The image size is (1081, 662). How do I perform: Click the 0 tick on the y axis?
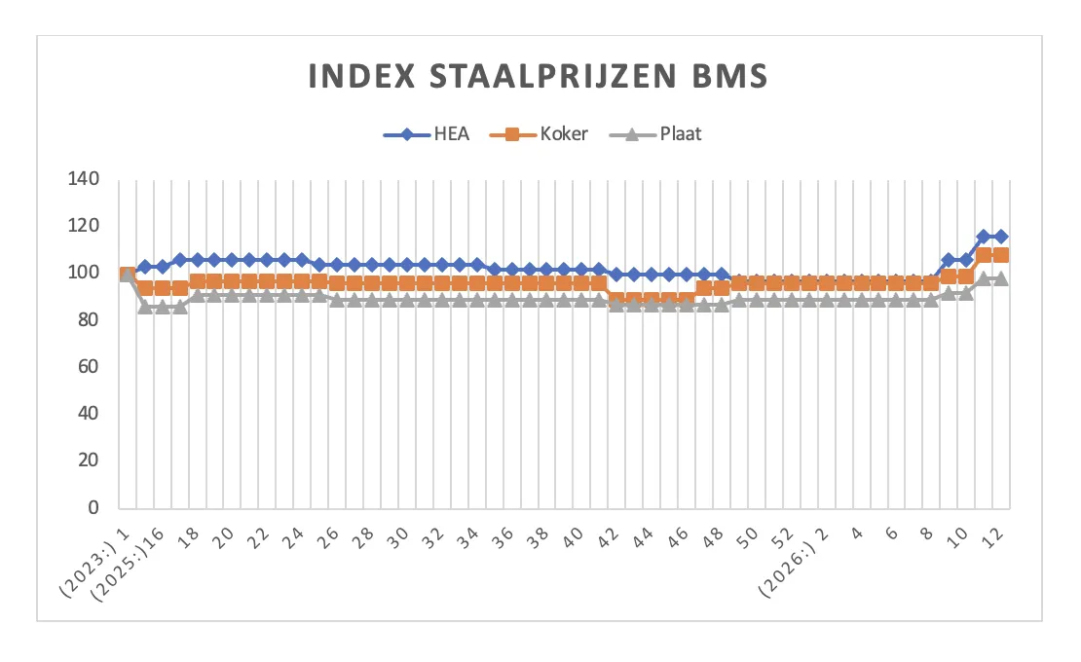coord(94,507)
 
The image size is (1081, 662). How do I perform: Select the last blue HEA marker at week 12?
coord(1000,237)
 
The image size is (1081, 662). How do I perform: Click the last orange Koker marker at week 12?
coord(1000,255)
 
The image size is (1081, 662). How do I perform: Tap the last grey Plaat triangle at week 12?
coord(1000,278)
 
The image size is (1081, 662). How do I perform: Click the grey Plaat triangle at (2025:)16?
coord(145,307)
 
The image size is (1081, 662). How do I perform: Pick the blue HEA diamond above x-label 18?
coord(198,260)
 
